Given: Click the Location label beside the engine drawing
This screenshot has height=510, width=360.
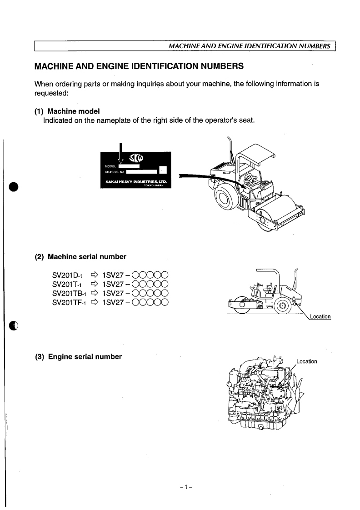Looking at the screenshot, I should coord(306,362).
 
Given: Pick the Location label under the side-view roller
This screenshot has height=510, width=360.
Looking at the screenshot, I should coord(320,316).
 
